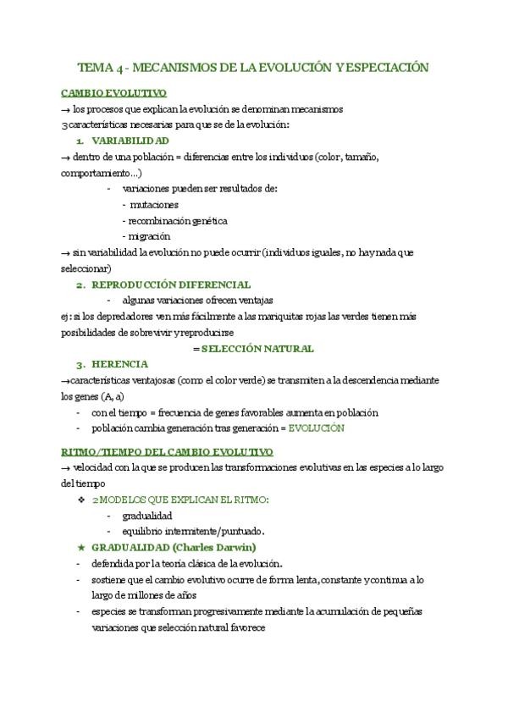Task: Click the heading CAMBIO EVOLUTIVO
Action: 113,92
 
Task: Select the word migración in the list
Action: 149,236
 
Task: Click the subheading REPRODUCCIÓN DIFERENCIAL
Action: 171,284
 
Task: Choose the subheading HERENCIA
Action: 120,364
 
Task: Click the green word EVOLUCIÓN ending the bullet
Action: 317,428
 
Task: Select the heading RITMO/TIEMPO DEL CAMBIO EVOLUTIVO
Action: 167,451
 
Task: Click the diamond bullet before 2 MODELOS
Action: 81,500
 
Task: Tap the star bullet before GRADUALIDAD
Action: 81,547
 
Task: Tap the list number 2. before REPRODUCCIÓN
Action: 80,284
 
